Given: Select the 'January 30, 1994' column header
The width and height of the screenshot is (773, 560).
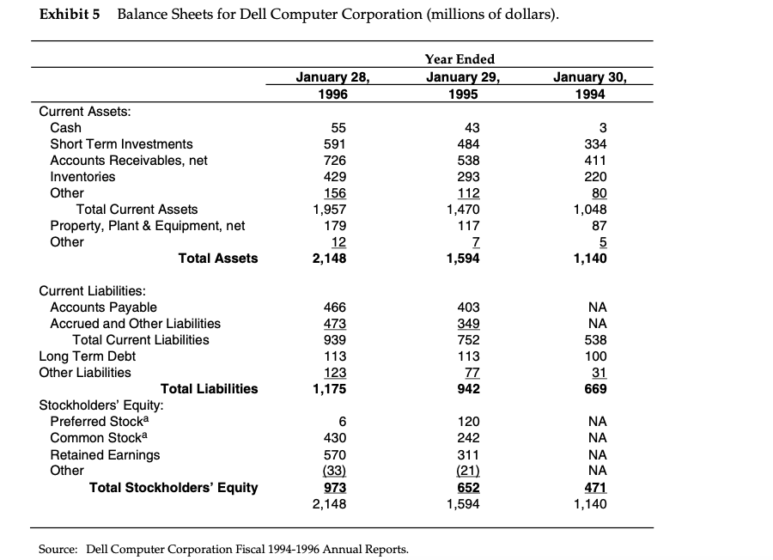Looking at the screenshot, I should [x=589, y=84].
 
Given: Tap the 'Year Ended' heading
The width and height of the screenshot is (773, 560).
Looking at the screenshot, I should [x=460, y=59].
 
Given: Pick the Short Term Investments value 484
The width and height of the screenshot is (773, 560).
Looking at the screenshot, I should [x=468, y=143].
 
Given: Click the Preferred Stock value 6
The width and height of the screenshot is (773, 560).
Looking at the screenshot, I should [x=343, y=422].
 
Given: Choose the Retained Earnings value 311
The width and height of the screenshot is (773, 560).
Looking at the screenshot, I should [x=468, y=454].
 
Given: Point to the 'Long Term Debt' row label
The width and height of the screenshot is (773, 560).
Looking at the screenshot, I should [x=88, y=356].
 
